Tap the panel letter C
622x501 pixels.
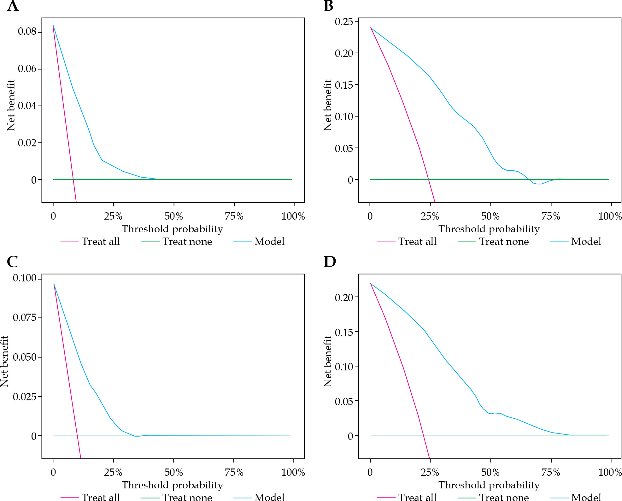tap(12, 262)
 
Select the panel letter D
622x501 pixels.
tap(330, 262)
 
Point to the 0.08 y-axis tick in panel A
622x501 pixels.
tap(27, 32)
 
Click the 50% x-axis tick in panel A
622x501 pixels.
tap(174, 216)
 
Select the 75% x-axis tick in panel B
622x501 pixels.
tap(551, 216)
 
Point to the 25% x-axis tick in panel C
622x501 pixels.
tap(113, 473)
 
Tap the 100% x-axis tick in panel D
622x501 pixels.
tap(610, 473)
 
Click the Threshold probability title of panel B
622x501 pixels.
tap(489, 229)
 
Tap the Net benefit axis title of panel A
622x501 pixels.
tap(11, 105)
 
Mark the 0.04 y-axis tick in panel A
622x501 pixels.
tap(27, 106)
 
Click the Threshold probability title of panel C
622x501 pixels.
tap(173, 485)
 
